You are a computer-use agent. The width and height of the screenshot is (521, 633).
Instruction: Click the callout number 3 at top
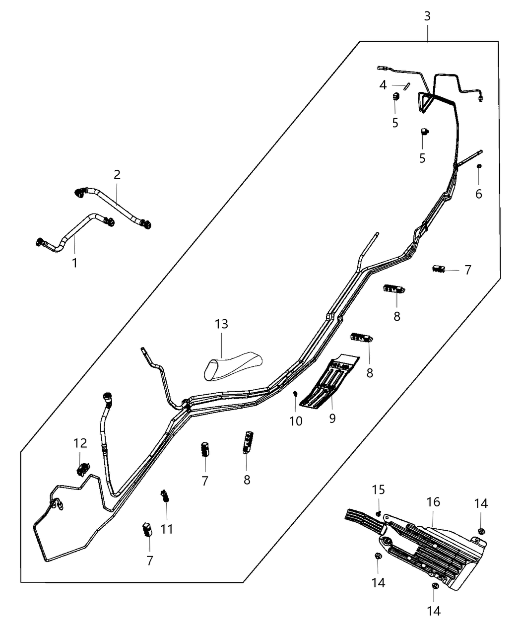(427, 16)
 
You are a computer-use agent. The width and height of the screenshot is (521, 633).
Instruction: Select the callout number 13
(221, 324)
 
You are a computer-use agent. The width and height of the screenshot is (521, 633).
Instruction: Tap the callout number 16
(433, 502)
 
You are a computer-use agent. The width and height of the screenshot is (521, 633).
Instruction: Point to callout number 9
(332, 419)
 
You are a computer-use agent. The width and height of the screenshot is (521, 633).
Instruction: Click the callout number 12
(80, 443)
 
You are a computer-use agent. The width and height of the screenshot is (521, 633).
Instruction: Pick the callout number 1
(75, 263)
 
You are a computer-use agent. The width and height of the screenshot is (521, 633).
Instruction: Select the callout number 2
(117, 175)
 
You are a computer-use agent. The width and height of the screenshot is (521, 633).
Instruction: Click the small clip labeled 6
(479, 166)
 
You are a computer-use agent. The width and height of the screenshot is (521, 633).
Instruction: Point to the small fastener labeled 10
(296, 395)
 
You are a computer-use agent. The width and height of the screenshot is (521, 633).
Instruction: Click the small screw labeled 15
(378, 513)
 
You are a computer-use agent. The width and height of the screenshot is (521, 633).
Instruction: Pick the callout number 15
(378, 490)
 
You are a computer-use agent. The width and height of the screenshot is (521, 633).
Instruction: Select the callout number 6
(479, 194)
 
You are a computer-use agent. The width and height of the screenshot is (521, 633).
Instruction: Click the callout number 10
(296, 421)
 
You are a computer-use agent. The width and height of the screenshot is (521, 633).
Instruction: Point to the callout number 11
(167, 529)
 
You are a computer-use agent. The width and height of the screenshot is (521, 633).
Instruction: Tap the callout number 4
(383, 85)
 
